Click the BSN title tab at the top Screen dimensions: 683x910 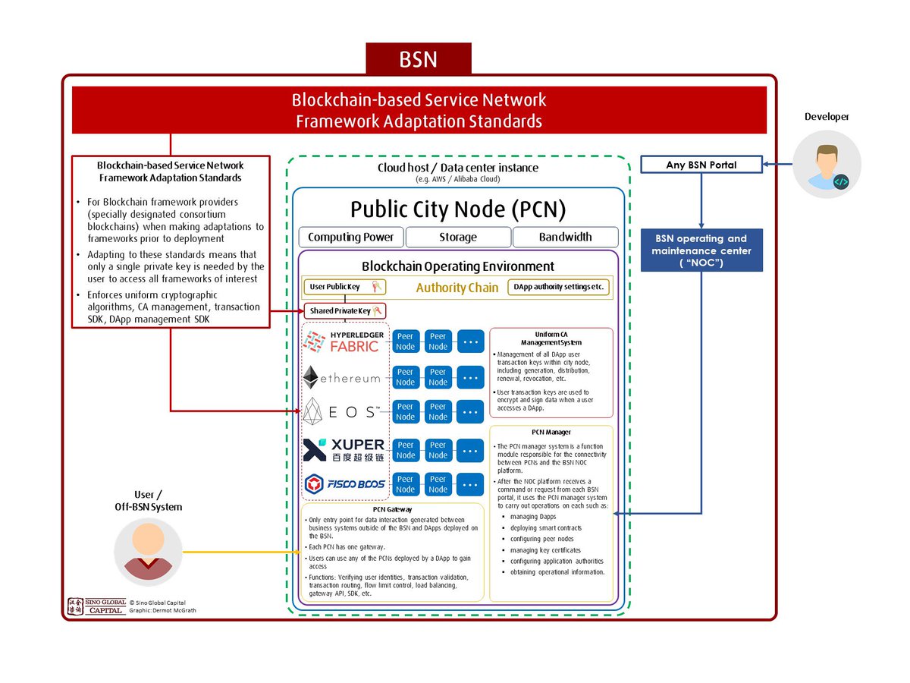tap(419, 59)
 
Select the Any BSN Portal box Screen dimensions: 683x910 tap(701, 164)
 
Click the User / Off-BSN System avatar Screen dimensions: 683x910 tap(148, 551)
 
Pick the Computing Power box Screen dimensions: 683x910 tap(351, 237)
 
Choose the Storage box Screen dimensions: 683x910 tap(458, 237)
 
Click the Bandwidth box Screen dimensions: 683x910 tap(565, 237)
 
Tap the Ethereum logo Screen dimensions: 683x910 tap(343, 377)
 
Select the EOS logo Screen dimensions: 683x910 tap(343, 411)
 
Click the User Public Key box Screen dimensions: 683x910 tap(345, 287)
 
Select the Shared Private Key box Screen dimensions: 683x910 tap(345, 311)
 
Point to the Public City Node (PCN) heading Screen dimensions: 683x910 tap(458, 209)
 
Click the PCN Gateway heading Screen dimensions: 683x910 tap(392, 509)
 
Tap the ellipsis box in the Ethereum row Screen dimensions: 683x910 tap(471, 377)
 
